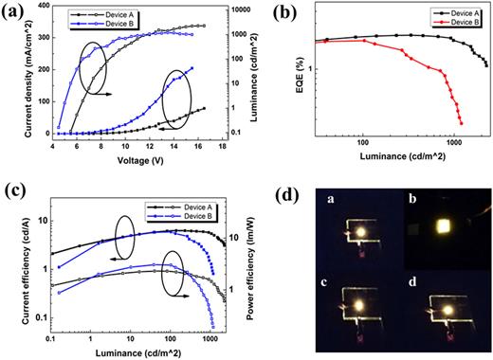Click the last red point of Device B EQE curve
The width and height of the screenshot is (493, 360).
[461, 123]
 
